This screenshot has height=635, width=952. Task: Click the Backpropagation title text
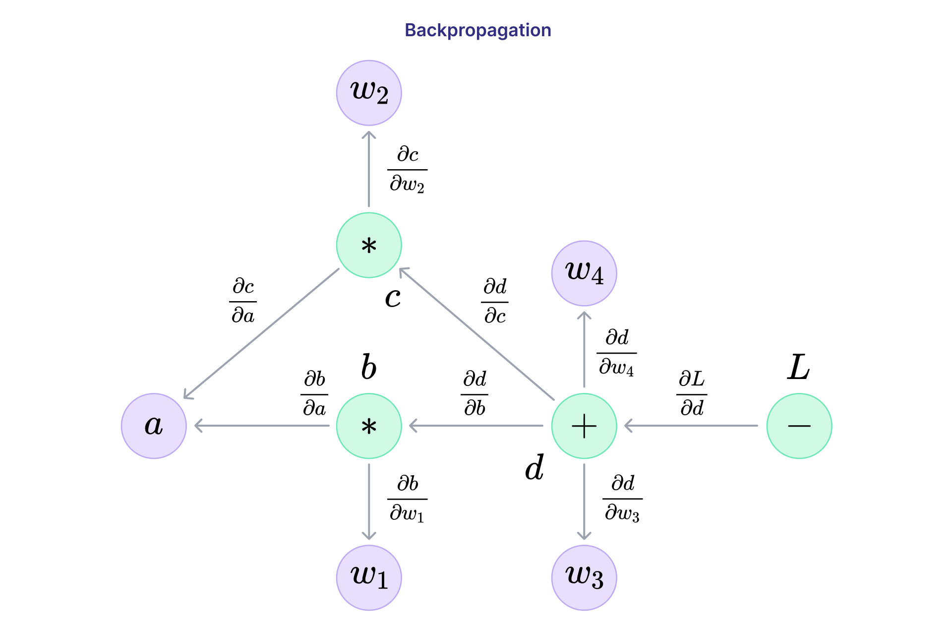tap(477, 30)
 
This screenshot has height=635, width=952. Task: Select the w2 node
tap(369, 93)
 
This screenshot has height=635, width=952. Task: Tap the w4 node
tap(584, 273)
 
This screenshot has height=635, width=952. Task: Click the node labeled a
tap(154, 426)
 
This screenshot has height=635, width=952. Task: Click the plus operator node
tap(584, 426)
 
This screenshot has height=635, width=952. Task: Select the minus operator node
tap(799, 426)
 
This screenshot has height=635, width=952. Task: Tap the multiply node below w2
tap(369, 245)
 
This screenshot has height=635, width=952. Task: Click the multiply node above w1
tap(369, 426)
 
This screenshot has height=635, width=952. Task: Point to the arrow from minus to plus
tap(692, 426)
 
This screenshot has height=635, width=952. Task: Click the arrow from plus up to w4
tap(584, 350)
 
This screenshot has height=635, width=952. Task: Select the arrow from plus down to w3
tap(584, 501)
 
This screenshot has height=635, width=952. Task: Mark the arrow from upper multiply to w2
tap(369, 169)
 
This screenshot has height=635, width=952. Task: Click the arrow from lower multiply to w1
tap(369, 501)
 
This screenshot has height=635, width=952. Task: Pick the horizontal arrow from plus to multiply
tap(476, 426)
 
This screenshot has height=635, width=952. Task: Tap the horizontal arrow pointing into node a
tap(262, 426)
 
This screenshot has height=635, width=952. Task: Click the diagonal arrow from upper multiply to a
tap(262, 333)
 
